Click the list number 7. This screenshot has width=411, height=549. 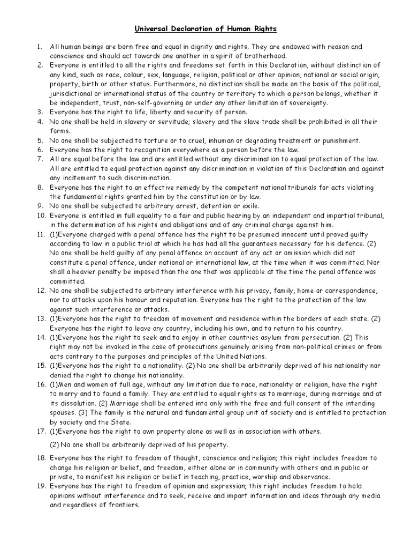(x=40, y=160)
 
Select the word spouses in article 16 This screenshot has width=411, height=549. (x=65, y=413)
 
